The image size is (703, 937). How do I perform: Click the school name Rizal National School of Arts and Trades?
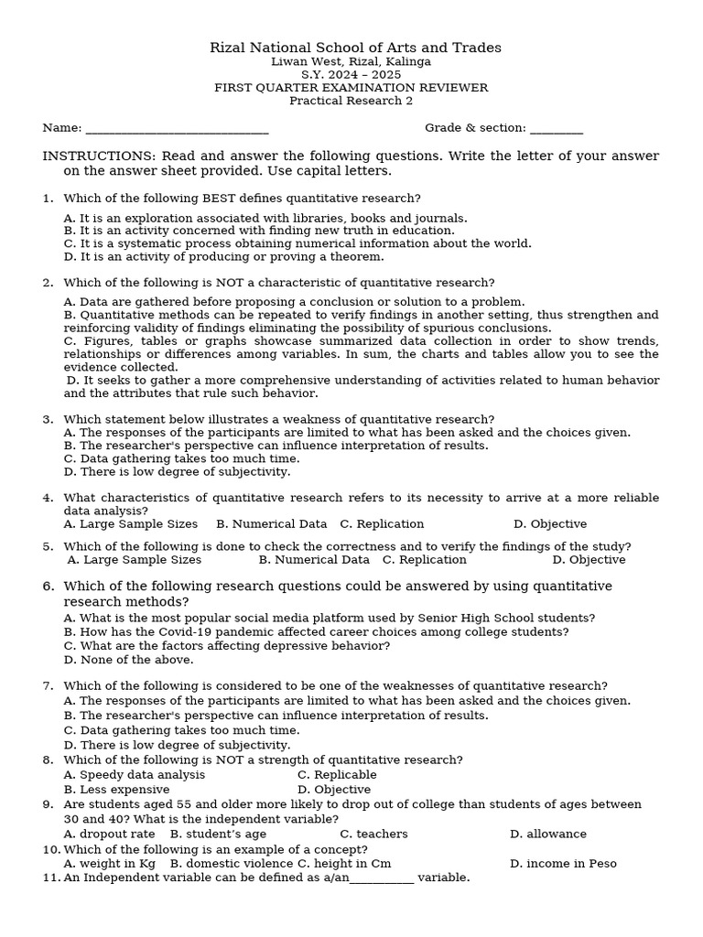[355, 48]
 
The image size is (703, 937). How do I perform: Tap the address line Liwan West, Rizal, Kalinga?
[351, 62]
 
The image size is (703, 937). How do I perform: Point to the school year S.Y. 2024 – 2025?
[351, 75]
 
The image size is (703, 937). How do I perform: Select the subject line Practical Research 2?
[351, 101]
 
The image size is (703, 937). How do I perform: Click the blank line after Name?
[176, 129]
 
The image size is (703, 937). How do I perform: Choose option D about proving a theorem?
[223, 257]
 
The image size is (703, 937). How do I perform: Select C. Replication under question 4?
[382, 524]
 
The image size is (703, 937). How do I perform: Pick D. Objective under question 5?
[589, 560]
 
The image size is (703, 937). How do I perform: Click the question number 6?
[49, 587]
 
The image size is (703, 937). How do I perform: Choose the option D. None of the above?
[128, 660]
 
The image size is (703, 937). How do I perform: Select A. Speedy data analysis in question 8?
[135, 775]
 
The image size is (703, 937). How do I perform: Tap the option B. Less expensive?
[116, 790]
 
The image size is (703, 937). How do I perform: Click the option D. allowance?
[547, 835]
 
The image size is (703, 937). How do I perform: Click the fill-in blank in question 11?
[382, 878]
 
